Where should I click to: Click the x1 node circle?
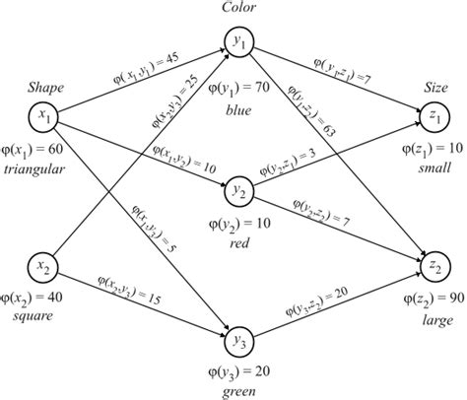coord(44,115)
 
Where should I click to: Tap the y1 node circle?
coord(237,41)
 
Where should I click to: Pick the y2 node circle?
coord(237,189)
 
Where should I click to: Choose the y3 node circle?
coord(237,340)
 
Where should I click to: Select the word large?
coord(434,320)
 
